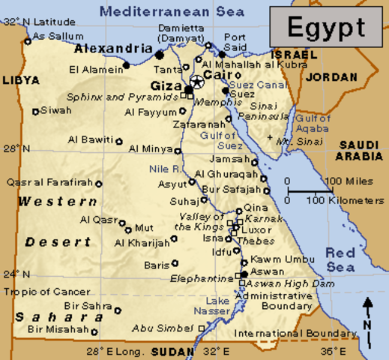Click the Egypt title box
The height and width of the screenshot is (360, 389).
(327, 28)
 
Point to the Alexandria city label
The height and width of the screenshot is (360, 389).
(112, 49)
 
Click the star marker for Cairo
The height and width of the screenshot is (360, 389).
(196, 81)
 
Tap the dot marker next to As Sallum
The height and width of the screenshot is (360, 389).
(28, 41)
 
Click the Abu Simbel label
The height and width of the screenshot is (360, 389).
(163, 328)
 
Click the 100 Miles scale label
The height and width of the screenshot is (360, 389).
(344, 181)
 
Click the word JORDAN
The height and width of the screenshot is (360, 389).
(332, 76)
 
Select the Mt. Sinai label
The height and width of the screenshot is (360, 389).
(294, 140)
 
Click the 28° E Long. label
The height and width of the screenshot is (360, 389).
(115, 351)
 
